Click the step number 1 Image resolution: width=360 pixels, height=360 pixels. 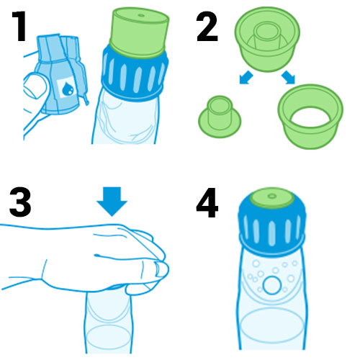(x=19, y=26)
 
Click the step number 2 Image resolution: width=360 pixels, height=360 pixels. (x=207, y=26)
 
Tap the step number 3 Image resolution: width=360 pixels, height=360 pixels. (x=20, y=202)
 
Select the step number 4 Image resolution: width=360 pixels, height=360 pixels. (x=207, y=202)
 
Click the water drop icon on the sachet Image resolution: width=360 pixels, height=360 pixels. (x=68, y=89)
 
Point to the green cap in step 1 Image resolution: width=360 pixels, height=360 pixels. (x=139, y=33)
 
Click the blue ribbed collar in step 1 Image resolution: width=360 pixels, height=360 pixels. (x=135, y=74)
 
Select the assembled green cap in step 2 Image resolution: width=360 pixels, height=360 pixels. (x=267, y=39)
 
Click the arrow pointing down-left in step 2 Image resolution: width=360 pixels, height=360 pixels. (x=246, y=77)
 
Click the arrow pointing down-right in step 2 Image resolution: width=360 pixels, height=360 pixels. (x=288, y=77)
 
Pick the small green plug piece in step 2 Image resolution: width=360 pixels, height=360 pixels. (x=220, y=117)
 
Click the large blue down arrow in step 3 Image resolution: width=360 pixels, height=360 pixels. (x=112, y=201)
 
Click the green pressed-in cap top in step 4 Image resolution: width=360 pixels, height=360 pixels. (x=272, y=198)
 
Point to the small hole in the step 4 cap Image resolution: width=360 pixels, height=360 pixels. (x=272, y=197)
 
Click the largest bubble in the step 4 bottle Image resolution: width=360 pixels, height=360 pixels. (x=271, y=285)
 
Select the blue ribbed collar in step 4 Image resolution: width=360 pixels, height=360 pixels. (x=272, y=228)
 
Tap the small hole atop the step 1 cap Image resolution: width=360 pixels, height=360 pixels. (x=141, y=15)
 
